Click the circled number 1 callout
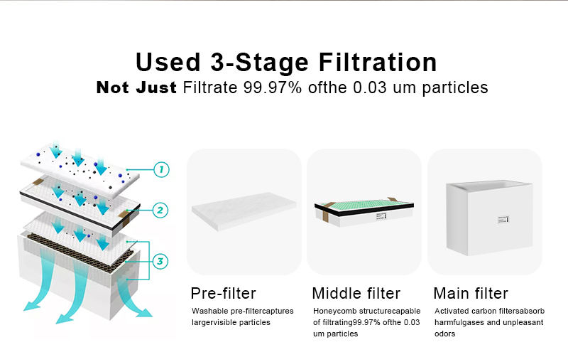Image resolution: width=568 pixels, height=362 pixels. coord(161,169)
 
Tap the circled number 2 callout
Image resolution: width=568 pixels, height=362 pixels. coord(160,210)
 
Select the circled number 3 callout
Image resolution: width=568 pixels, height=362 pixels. coord(160,261)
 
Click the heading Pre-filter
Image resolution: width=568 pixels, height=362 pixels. coord(223,294)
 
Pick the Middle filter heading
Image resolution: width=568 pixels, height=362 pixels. coord(356,294)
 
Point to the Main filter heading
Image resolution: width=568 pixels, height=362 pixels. coord(471,294)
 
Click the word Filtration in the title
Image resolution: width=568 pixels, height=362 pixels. coord(378,62)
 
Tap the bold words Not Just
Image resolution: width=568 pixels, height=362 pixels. coord(136,87)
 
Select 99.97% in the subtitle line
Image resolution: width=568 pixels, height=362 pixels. coord(273,87)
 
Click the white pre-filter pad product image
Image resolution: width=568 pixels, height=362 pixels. coord(244,211)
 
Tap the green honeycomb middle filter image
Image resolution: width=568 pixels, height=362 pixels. coord(364,212)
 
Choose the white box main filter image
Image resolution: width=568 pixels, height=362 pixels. coord(489,218)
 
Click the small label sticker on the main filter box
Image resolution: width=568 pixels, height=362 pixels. coord(503,220)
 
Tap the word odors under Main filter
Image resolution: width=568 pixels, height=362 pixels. coord(445,334)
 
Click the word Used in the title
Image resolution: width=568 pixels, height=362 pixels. coord(168,62)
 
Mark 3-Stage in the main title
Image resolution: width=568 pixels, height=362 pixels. coord(259,63)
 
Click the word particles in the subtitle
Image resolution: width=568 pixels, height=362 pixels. coord(455,88)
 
